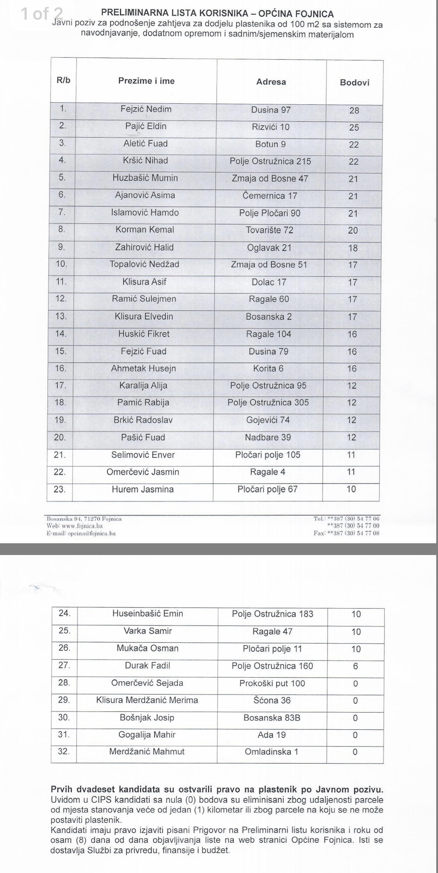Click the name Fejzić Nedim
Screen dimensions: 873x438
(146, 109)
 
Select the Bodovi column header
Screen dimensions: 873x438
(354, 83)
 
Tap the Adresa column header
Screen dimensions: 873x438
(271, 82)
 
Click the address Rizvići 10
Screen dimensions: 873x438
(270, 127)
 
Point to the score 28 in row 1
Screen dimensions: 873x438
(354, 111)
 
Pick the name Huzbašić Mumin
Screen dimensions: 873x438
(145, 178)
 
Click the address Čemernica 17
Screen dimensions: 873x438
(270, 196)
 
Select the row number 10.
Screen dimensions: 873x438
(61, 264)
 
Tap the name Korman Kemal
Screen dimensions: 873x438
(145, 230)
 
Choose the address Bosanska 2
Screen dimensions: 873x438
(269, 317)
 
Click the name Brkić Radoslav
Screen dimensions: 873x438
(143, 420)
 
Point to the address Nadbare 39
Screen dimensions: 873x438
(268, 437)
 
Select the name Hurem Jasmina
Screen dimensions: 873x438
(143, 489)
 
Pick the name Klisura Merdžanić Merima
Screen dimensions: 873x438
(147, 700)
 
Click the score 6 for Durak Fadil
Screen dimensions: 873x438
(355, 666)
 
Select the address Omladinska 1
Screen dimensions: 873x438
(272, 752)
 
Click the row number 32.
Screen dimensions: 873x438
(64, 751)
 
